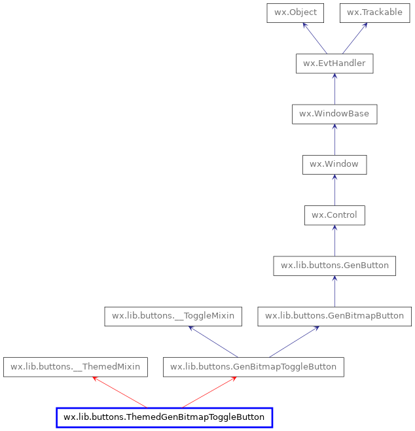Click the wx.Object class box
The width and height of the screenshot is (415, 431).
coord(295,12)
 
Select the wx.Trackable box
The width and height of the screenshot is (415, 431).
coord(374,12)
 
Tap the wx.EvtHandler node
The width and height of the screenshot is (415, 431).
coord(334,63)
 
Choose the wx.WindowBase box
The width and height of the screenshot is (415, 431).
coord(334,114)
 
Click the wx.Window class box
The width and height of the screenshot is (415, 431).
coord(334,164)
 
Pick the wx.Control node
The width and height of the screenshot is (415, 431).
coord(334,215)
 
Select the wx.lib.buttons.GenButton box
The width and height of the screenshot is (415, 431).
coord(334,266)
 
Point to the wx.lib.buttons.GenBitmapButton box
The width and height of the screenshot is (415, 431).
coord(334,316)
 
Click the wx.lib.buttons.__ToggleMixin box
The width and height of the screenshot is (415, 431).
coord(173,316)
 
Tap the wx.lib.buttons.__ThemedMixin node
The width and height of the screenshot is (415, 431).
coord(75,367)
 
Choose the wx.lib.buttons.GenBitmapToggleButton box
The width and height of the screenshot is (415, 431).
coord(253,367)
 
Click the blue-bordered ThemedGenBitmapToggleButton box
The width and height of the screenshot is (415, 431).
coord(164,417)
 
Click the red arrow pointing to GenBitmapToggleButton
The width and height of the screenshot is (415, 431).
coord(209,392)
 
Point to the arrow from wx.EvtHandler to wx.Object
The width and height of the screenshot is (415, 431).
coord(315,38)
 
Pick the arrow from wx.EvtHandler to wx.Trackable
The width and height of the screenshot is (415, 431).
coord(354,38)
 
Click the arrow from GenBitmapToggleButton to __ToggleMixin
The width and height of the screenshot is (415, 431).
coord(213,341)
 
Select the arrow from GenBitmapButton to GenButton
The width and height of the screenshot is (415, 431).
coord(334,291)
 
